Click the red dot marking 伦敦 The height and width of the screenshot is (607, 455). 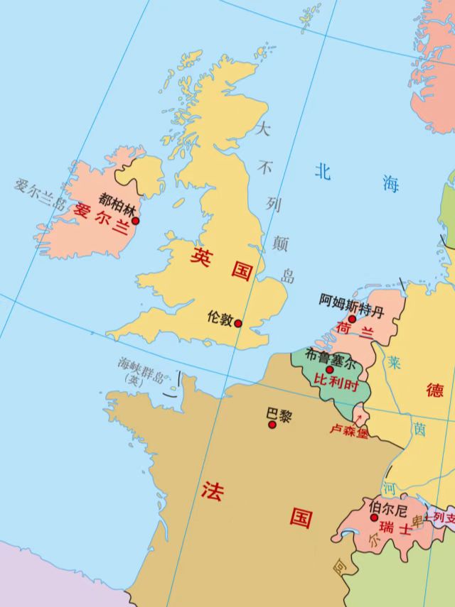pos(238,324)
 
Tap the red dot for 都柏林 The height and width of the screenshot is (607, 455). pos(135,221)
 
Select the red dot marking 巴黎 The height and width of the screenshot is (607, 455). pos(272,425)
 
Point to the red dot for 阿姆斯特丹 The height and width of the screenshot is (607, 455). pos(351,319)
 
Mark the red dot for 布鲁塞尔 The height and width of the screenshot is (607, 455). pos(329,370)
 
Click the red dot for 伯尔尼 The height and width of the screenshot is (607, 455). pos(374,518)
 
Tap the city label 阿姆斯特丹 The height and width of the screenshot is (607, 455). pos(351,301)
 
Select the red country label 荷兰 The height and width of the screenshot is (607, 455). pos(355,331)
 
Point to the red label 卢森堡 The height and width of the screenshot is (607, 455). pos(348,430)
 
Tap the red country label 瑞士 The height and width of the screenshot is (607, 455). pos(395,529)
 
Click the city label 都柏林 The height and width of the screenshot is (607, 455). pos(117,204)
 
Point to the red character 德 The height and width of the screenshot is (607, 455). pos(434,390)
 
